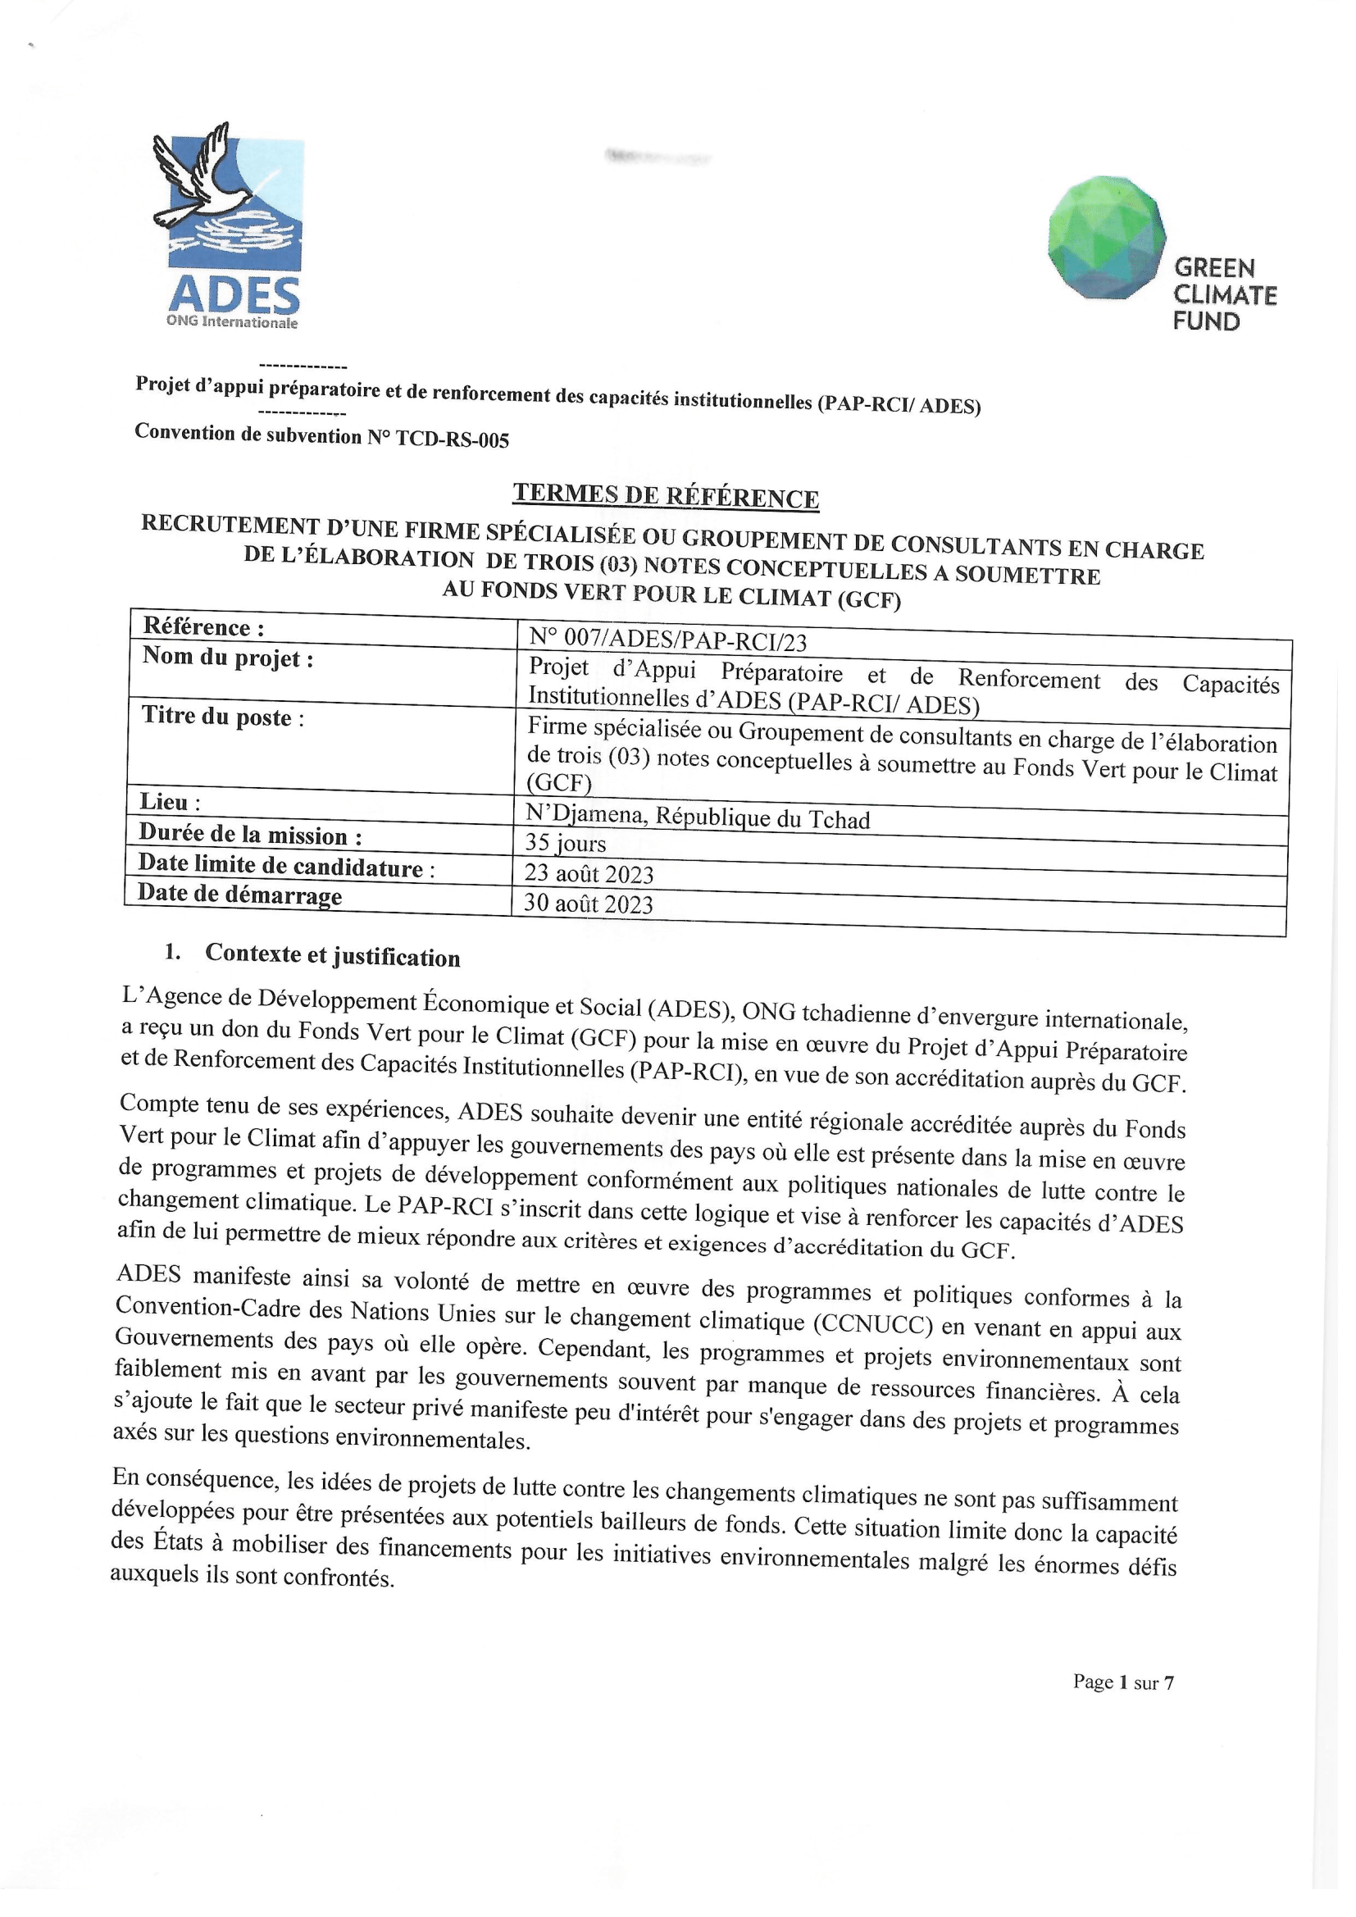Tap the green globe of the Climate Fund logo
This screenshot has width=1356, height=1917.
coord(1106,237)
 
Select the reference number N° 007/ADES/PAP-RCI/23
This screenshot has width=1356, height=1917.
coord(667,640)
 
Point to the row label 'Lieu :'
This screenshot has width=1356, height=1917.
coord(171,802)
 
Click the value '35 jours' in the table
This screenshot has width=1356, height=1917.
coord(566,842)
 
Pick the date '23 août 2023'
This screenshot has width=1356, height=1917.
coord(589,873)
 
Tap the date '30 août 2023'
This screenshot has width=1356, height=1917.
coord(588,903)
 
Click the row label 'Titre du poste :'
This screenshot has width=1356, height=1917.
coord(222,717)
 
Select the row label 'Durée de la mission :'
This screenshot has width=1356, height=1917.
coord(251,835)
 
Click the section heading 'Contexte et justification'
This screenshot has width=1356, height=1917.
coord(332,955)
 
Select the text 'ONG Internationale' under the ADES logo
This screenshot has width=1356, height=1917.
coord(231,322)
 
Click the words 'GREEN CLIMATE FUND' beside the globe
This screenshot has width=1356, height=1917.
coord(1224,294)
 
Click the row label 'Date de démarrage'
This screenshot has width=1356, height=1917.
coord(239,895)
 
